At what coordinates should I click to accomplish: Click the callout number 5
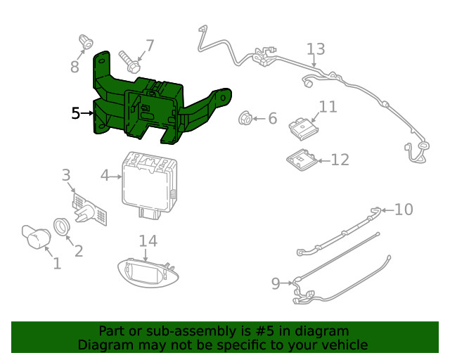point(76,112)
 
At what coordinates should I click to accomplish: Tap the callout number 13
point(316,49)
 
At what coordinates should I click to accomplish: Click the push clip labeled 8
point(87,42)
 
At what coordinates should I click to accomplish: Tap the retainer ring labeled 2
point(63,226)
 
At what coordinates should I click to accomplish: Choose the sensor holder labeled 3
point(89,210)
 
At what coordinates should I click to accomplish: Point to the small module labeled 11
point(302,129)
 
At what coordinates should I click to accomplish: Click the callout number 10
point(404,210)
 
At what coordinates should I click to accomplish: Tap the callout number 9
point(276,283)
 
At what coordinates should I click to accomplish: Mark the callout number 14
point(148,241)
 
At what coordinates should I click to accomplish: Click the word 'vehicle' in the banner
point(343,345)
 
